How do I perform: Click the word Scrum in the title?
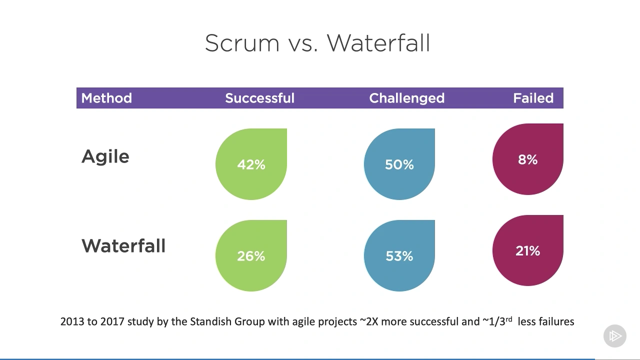coord(242,43)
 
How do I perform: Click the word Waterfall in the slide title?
coord(378,43)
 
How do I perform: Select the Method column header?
coord(106,98)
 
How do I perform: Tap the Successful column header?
coord(259,98)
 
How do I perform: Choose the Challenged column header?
coord(406,98)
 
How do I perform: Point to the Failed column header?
coord(533,98)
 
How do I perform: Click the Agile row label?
coord(105,157)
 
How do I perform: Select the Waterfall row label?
coord(123,246)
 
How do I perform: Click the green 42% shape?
coord(251,164)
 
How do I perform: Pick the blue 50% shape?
coord(399,164)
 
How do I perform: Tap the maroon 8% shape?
coord(527,159)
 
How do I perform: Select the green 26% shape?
coord(251,256)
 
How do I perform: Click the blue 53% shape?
coord(399,256)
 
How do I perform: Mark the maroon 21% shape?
coord(527,251)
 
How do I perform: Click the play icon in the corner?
coord(615,335)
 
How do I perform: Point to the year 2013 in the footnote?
coord(72,321)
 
